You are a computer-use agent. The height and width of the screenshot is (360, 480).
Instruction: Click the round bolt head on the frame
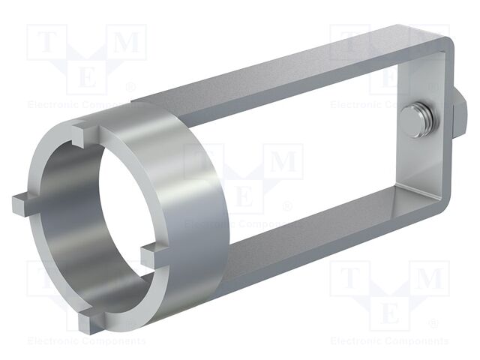(x=412, y=122)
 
